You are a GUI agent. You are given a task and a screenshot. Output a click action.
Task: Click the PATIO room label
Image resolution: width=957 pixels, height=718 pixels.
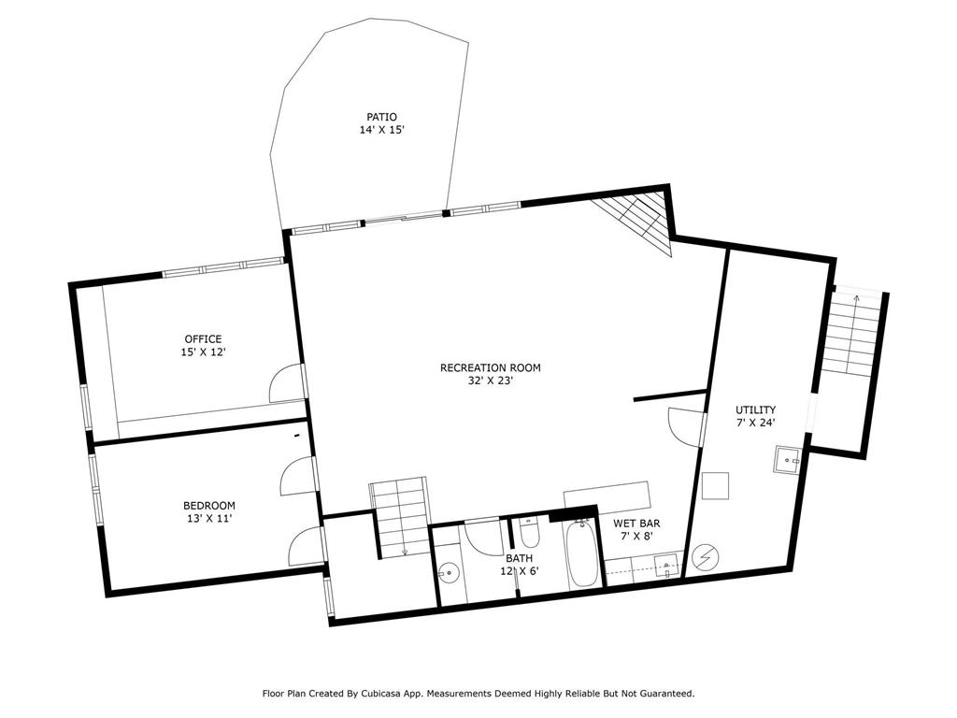381,117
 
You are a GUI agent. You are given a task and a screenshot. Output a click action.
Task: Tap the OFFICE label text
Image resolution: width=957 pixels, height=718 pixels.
203,338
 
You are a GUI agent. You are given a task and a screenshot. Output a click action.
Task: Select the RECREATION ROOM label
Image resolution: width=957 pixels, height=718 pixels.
491,367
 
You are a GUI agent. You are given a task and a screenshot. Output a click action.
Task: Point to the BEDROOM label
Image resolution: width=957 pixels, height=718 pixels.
209,506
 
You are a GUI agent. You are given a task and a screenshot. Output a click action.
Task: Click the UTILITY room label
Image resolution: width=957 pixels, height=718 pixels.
755,409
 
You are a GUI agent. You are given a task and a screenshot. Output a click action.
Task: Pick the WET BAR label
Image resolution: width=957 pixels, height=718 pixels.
636,524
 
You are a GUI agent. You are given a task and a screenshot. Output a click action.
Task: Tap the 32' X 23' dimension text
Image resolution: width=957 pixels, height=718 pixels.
491,381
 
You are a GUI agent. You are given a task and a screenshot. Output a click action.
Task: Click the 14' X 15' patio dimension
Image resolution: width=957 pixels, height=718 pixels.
382,129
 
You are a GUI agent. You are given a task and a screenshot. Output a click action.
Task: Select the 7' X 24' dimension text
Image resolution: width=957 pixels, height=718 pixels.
755,423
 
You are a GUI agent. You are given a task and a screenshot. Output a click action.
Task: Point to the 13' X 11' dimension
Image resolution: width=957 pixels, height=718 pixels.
209,518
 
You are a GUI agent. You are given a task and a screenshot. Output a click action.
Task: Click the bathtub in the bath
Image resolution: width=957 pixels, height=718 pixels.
582,554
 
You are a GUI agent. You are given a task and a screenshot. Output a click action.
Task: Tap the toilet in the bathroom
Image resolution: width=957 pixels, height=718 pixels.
529,532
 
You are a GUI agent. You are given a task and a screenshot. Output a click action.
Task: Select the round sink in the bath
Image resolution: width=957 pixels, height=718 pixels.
450,573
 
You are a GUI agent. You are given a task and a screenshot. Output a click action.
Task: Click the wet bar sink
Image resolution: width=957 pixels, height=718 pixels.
668,565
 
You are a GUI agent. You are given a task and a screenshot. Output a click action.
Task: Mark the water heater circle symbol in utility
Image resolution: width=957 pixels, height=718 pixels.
707,556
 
